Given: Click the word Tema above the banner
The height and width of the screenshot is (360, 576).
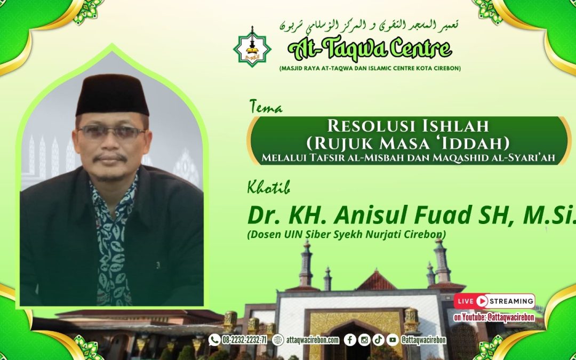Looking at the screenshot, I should [265, 107].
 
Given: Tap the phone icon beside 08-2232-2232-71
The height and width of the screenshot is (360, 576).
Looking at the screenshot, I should [214, 340].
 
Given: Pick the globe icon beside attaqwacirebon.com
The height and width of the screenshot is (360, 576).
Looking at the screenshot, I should [278, 340].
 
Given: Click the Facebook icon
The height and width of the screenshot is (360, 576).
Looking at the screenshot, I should [350, 340].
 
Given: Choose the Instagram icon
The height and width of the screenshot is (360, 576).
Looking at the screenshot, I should [364, 340].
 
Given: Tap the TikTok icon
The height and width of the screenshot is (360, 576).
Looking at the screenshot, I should [378, 340].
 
